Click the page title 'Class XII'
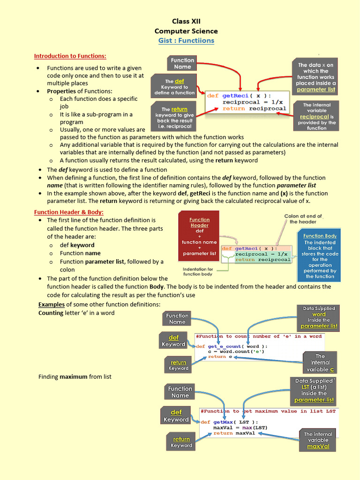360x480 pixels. tap(186, 22)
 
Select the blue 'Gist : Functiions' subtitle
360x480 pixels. tap(186, 40)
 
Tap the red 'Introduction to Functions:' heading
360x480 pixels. tap(70, 56)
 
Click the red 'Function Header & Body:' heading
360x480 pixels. tap(69, 212)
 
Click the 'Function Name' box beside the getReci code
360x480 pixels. tap(182, 63)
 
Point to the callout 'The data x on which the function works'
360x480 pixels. tap(315, 77)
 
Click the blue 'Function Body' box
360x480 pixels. tap(320, 255)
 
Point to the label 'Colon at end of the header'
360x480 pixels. tap(303, 219)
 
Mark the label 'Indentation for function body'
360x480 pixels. tap(198, 271)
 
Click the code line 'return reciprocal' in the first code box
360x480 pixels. tap(254, 109)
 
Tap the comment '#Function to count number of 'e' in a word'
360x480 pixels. tap(259, 336)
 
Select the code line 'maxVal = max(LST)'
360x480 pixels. tap(240, 427)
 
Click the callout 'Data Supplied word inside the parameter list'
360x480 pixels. tap(319, 317)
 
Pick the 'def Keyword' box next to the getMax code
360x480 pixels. tap(176, 416)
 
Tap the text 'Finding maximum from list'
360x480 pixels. tap(75, 376)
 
